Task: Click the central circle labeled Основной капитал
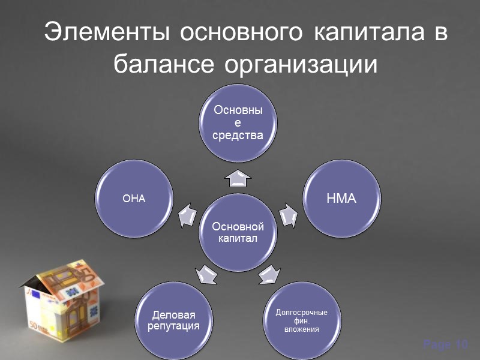pyautogui.click(x=238, y=233)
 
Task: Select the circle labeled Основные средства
pyautogui.click(x=238, y=124)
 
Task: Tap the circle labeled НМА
pyautogui.click(x=341, y=198)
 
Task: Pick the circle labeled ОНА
pyautogui.click(x=134, y=199)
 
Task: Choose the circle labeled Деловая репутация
pyautogui.click(x=173, y=320)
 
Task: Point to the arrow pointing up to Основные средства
pyautogui.click(x=238, y=178)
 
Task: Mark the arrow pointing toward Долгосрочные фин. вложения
pyautogui.click(x=268, y=274)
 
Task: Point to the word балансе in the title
pyautogui.click(x=165, y=63)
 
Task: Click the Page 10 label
pyautogui.click(x=445, y=344)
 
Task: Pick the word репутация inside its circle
pyautogui.click(x=173, y=326)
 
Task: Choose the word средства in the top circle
pyautogui.click(x=238, y=135)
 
